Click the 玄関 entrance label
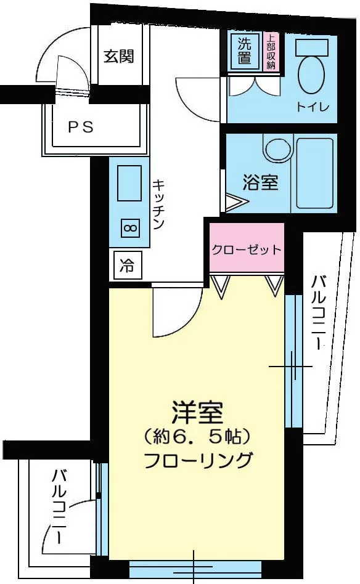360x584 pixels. pos(118,56)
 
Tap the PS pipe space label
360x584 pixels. pos(81,128)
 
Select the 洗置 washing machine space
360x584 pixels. pos(245,51)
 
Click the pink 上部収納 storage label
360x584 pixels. pos(271,51)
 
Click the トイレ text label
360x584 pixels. pos(313,107)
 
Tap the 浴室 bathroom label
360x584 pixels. pos(261,182)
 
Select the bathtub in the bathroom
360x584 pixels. pos(315,173)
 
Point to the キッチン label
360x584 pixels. pos(159,204)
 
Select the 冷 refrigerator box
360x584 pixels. pos(127,265)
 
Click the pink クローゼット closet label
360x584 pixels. pos(247,249)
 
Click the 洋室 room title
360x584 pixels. pos(197,413)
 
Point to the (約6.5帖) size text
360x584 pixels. pos(196,437)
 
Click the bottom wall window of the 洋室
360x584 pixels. pos(195,569)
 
